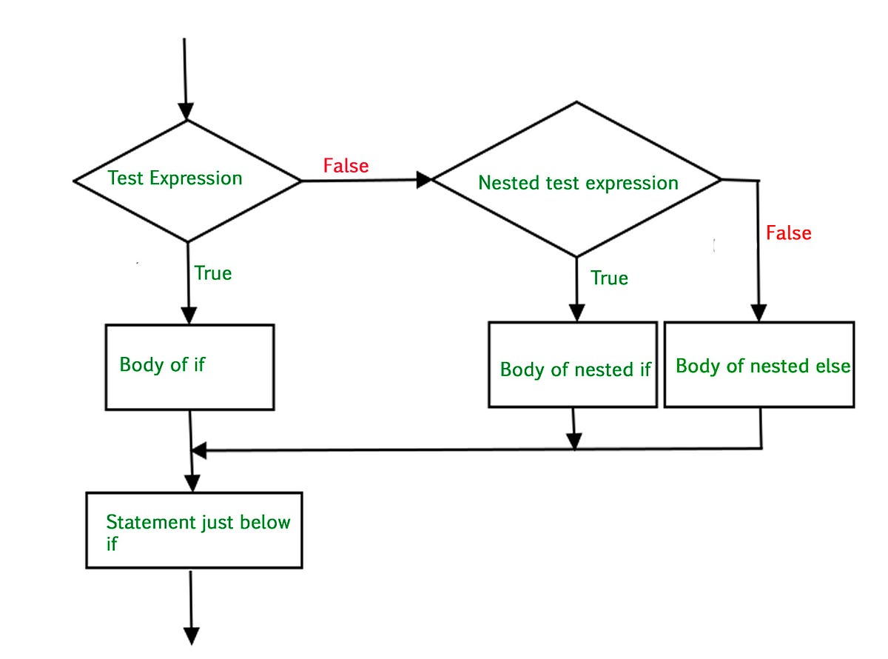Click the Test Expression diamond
[187, 180]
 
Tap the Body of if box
[189, 367]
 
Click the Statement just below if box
[194, 530]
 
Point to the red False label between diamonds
[346, 166]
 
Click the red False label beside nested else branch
[788, 233]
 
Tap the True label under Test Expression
[213, 273]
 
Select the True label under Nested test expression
[609, 278]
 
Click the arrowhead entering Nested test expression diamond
[424, 179]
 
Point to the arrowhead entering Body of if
[189, 316]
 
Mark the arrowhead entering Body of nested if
[576, 313]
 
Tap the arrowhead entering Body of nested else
[758, 313]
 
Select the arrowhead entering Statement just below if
[192, 484]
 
